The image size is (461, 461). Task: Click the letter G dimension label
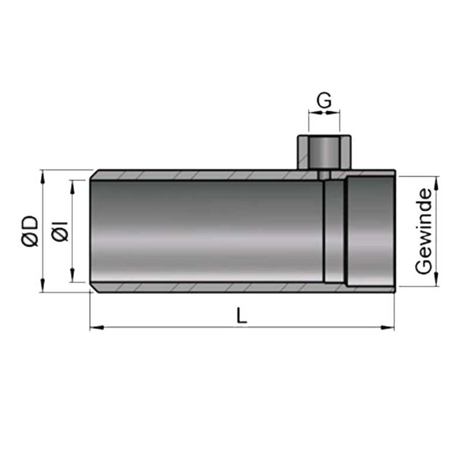point(324,100)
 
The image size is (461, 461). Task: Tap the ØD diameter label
point(30,231)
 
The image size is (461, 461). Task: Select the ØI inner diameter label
point(61,231)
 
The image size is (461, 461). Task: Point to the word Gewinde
point(424,231)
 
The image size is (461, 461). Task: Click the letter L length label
point(241,315)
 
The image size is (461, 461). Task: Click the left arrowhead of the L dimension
point(97,327)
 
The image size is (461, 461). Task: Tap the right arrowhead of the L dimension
point(387,327)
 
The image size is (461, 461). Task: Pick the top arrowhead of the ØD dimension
point(43,177)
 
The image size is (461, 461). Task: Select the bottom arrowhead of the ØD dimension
point(43,285)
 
